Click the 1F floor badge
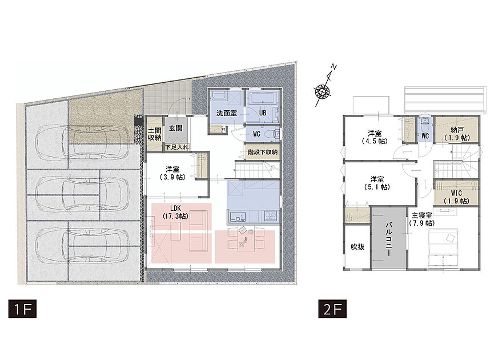pos(22,309)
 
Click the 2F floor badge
pos(332,309)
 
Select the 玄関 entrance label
pos(175,129)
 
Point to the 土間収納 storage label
pos(154,134)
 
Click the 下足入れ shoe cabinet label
pos(176,147)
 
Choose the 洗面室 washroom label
pos(227,113)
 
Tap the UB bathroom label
pos(263,113)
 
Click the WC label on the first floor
pos(256,134)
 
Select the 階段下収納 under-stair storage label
pos(263,152)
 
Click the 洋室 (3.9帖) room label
pos(172,173)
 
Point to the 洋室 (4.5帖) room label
pos(375,137)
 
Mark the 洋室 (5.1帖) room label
pos(377,183)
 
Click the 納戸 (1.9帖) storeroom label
pos(457,134)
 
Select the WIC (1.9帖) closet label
pos(456,197)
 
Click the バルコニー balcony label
pos(389,239)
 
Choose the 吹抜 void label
pos(358,246)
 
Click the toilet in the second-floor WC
pos(425,123)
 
